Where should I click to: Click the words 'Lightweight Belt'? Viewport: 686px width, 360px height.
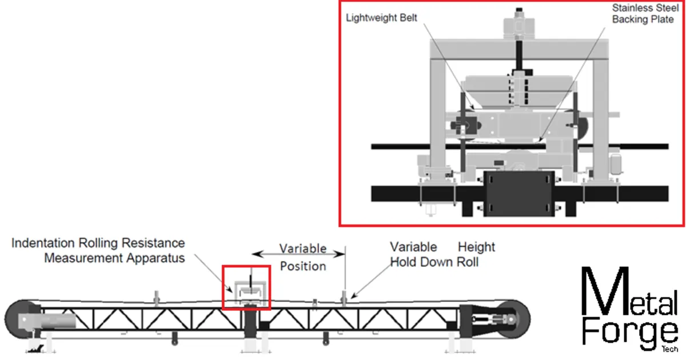click(381, 18)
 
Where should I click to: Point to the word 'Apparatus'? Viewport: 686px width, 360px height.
click(157, 258)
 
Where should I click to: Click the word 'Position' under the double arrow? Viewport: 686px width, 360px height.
click(303, 266)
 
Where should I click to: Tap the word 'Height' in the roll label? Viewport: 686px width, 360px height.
click(476, 247)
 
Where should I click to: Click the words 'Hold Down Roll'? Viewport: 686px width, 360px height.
click(434, 262)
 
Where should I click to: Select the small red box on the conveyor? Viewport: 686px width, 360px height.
click(246, 287)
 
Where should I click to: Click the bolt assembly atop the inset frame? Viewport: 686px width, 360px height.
click(519, 23)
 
